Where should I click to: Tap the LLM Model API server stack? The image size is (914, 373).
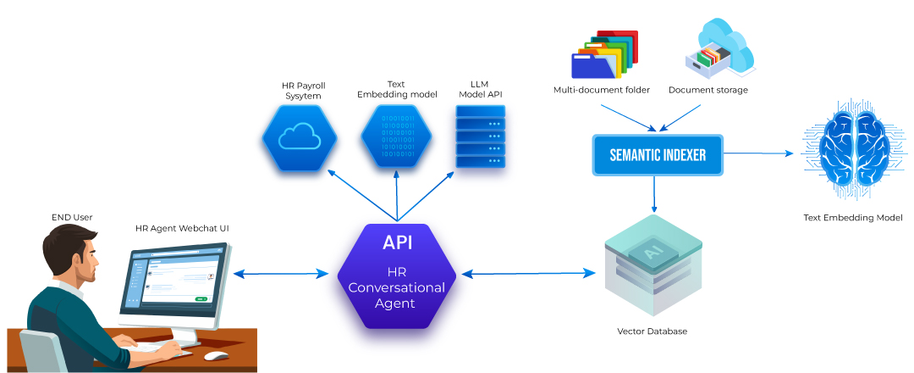pos(480,136)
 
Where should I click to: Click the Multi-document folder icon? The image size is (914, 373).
pos(603,55)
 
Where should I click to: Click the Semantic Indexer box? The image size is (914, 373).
pos(658,155)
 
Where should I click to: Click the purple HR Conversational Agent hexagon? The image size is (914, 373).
pos(397,276)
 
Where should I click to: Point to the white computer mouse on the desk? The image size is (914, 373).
pos(216,355)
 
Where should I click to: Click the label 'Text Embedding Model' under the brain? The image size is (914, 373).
pos(852,219)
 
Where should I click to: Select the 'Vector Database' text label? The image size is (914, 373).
pos(652,331)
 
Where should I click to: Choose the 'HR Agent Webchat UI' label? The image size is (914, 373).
pos(182,229)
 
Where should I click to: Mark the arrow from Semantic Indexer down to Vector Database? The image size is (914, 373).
pos(653,193)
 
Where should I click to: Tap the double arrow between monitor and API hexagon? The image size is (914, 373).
pos(280,273)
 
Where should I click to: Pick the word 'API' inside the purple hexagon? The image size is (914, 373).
pos(397,242)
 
